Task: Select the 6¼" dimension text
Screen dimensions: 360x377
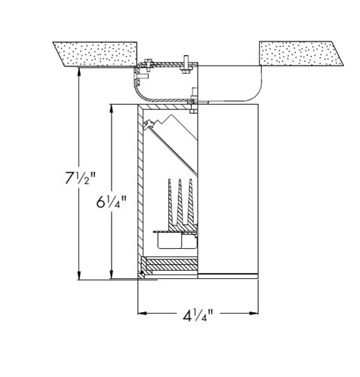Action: point(111,201)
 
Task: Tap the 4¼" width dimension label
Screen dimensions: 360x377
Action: point(198,315)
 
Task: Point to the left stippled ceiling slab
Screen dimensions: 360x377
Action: point(96,54)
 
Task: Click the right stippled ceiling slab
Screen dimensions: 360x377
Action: point(301,54)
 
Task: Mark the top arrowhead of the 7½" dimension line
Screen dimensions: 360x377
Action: point(79,72)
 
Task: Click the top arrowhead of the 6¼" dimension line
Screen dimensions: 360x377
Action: point(112,109)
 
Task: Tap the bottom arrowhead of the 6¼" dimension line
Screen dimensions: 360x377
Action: point(112,274)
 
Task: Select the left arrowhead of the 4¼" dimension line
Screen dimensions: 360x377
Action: point(143,313)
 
